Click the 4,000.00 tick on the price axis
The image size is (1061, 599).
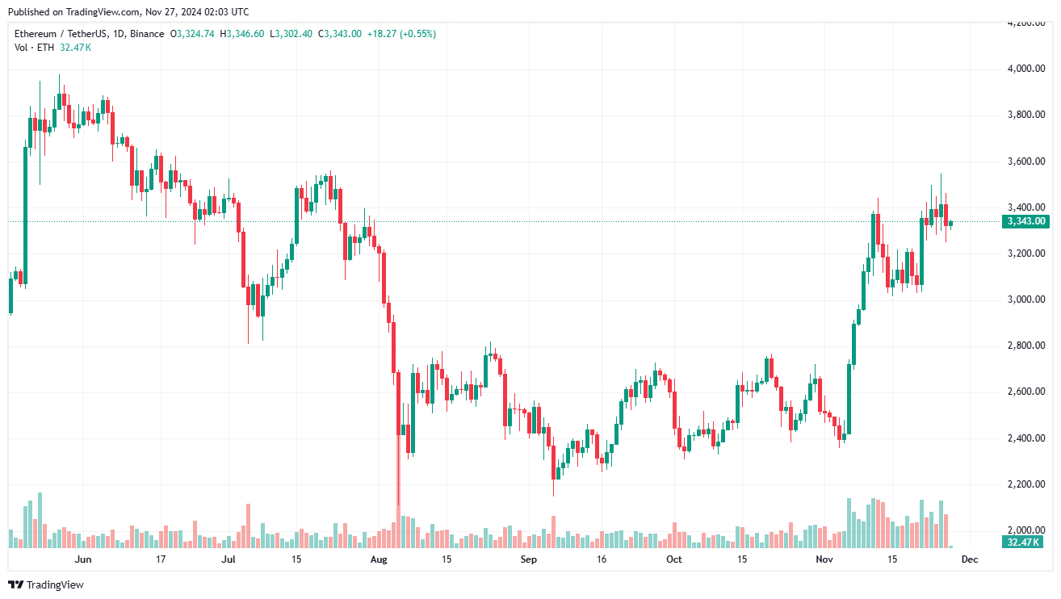point(1023,69)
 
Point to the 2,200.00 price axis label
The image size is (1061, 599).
point(1023,484)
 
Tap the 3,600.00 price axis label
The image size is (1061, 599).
point(1023,161)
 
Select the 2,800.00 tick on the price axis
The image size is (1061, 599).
point(1023,346)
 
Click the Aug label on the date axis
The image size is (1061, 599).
point(379,559)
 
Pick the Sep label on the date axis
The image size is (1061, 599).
point(528,559)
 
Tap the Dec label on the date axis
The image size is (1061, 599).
point(970,559)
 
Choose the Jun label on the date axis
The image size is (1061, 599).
point(82,559)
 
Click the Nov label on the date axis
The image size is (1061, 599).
point(824,559)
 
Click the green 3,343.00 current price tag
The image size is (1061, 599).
point(1024,221)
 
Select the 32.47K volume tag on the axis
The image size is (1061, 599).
point(1023,542)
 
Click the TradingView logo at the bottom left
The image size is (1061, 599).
point(45,584)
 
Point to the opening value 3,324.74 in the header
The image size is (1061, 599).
point(195,34)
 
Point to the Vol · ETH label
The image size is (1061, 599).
point(35,48)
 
